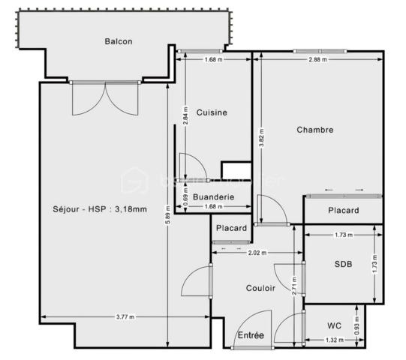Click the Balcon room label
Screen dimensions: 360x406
119,42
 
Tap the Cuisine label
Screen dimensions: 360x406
212,112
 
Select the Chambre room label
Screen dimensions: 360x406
315,130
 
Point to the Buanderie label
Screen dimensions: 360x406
214,197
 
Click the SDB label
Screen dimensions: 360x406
342,264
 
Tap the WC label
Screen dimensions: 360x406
335,325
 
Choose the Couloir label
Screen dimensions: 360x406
260,288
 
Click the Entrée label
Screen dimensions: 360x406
251,335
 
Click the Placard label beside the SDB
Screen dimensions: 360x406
344,211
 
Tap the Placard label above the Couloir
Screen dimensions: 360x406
232,228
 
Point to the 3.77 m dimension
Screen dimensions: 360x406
125,317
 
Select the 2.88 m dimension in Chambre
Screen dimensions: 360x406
317,59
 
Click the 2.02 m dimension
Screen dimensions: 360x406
258,253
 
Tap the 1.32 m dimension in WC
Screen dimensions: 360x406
335,340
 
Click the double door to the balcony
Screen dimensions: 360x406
106,97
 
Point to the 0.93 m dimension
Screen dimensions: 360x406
356,325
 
